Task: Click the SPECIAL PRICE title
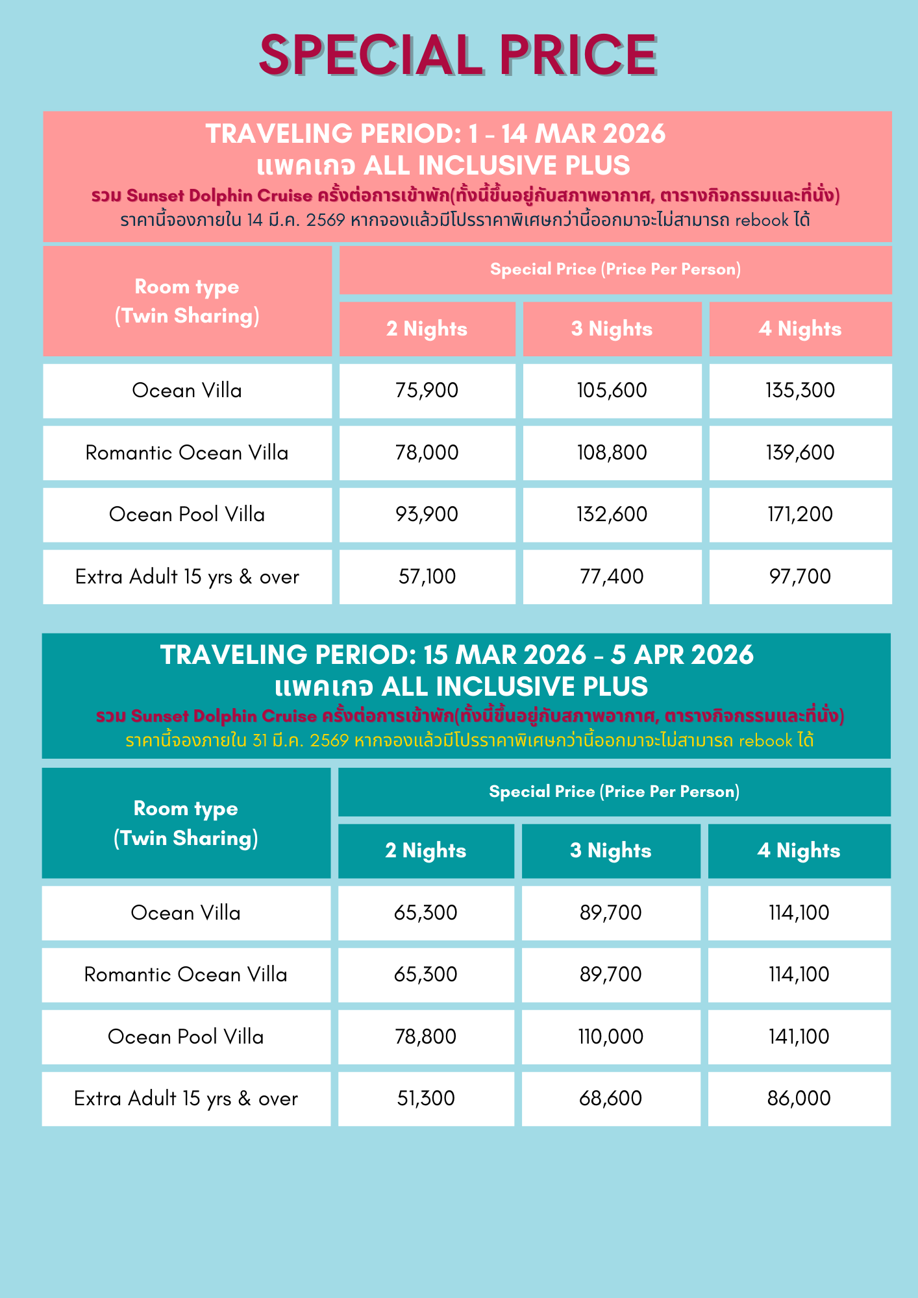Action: pos(458,56)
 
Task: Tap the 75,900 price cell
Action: pos(427,391)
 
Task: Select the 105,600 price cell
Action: pos(612,391)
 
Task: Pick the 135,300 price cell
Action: pos(800,391)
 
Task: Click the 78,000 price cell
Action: pos(427,453)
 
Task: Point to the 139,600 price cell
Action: pos(800,453)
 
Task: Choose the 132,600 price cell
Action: pos(612,515)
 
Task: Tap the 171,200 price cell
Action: pos(800,515)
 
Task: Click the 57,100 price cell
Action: pos(427,577)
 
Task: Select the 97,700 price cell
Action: pos(800,577)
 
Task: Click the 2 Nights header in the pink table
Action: pos(427,329)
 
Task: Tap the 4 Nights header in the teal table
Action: pos(799,851)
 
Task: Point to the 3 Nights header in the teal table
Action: pos(611,851)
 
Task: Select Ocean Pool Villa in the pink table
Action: pos(187,515)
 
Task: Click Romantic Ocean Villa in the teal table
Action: pos(186,975)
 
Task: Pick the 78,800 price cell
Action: pos(426,1037)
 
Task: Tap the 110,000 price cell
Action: pos(611,1037)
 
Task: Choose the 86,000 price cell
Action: pos(799,1099)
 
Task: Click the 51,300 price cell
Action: pos(426,1099)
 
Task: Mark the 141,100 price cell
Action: pos(799,1037)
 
